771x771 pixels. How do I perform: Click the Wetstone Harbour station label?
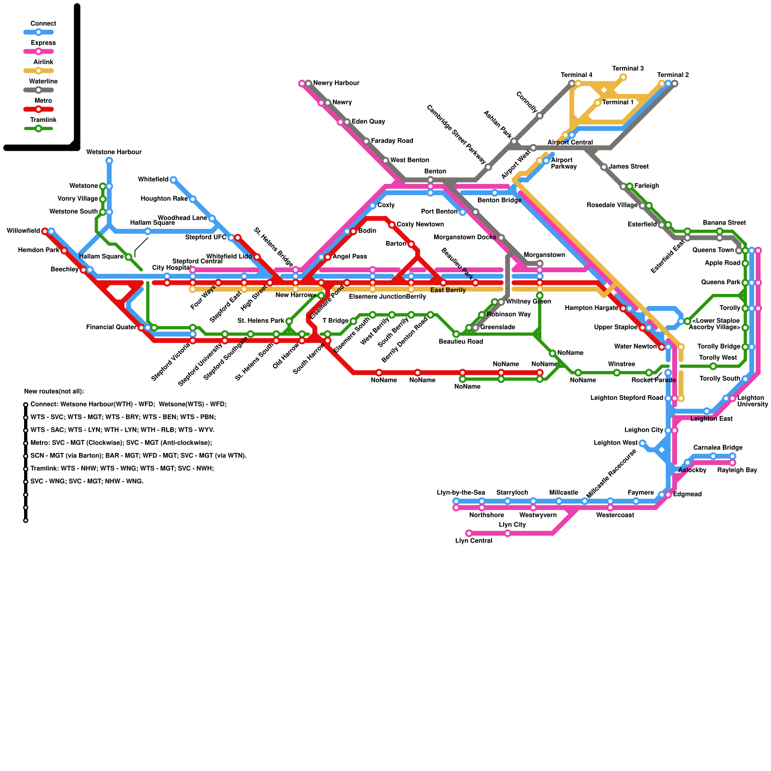(x=114, y=152)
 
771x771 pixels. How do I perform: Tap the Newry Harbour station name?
(x=336, y=83)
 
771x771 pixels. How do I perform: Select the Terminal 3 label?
(x=628, y=69)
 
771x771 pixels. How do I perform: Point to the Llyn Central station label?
(x=473, y=541)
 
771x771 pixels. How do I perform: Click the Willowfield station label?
(x=23, y=231)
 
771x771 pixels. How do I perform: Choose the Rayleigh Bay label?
(x=737, y=470)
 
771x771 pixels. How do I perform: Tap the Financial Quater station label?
(x=111, y=328)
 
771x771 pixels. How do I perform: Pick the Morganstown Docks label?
(x=465, y=238)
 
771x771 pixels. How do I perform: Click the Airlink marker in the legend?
(x=39, y=71)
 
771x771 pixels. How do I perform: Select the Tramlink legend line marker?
(x=39, y=129)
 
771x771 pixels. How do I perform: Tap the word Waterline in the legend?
(x=43, y=82)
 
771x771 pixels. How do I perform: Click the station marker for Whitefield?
(x=173, y=180)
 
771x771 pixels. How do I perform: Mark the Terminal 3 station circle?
(x=623, y=77)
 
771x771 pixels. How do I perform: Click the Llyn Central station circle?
(x=469, y=533)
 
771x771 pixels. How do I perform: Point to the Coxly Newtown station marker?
(x=392, y=225)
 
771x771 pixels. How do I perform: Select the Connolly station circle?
(x=540, y=116)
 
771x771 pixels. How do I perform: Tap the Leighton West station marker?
(x=642, y=443)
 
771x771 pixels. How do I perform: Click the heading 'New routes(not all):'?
(x=54, y=392)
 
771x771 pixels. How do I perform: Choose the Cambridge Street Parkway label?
(x=456, y=134)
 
